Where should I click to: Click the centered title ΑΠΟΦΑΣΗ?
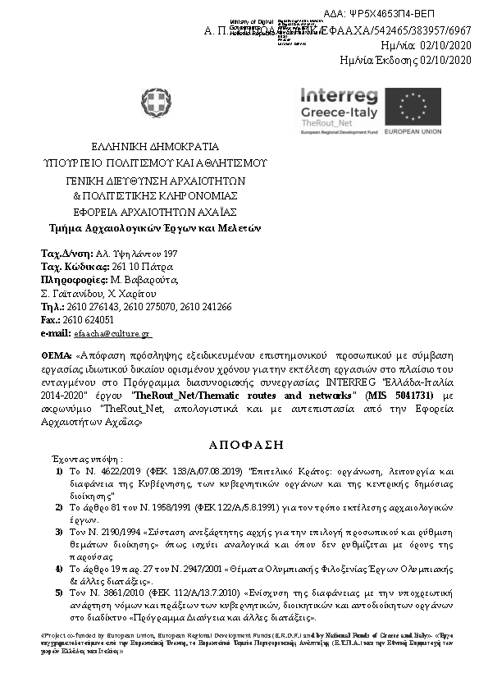coord(244,443)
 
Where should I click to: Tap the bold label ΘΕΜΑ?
coord(56,357)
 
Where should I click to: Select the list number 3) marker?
coord(59,533)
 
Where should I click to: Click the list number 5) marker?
coord(59,592)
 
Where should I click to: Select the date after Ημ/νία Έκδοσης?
coord(445,60)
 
